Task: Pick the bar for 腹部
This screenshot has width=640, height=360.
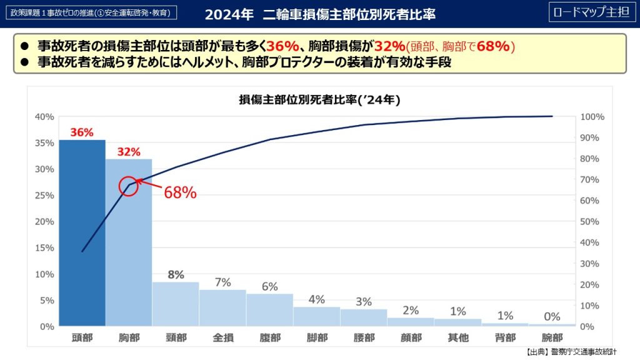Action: pos(269,310)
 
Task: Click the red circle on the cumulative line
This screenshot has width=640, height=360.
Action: pos(128,186)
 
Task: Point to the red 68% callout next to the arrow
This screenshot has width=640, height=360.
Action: pos(180,193)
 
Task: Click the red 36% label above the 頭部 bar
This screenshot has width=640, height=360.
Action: pos(82,132)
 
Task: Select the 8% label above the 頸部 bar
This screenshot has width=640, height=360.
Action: pos(176,274)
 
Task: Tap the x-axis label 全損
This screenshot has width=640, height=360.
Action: pos(223,337)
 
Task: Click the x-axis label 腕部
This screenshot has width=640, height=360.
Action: pos(552,337)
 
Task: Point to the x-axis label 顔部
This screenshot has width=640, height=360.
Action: pos(411,337)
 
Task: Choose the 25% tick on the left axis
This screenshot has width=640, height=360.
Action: pos(44,196)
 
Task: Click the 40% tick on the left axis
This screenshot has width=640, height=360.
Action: pos(44,117)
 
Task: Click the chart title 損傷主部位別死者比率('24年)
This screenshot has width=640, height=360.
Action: pos(319,100)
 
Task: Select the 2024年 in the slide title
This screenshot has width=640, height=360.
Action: pos(230,14)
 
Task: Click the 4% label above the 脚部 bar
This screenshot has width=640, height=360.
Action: pos(316,299)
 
